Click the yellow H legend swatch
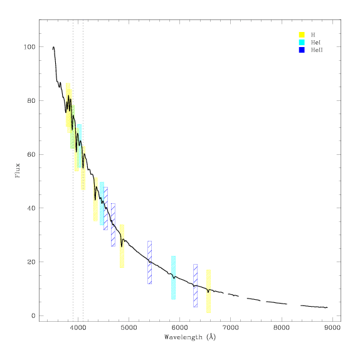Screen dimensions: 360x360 [x=302, y=34]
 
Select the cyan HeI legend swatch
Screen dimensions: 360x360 [x=302, y=42]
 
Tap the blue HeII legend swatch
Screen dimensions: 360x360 [x=302, y=50]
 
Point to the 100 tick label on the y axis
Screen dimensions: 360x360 [x=29, y=47]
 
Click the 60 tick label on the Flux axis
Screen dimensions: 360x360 [x=31, y=154]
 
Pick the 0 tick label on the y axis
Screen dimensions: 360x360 [x=33, y=315]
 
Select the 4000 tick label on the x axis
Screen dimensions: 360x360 [x=78, y=327]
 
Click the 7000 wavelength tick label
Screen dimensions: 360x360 [x=231, y=327]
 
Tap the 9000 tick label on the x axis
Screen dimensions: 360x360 [x=332, y=327]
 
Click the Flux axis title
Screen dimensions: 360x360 [x=18, y=171]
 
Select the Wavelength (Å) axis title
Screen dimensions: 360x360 [x=190, y=337]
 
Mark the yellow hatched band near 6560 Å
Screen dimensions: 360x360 [x=208, y=292]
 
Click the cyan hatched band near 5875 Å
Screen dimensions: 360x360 [x=173, y=278]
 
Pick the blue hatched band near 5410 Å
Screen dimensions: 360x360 [x=149, y=262]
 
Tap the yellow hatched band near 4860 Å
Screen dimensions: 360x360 [x=122, y=246]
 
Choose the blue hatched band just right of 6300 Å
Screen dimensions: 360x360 [x=196, y=285]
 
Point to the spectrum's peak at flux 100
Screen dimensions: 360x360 [x=53, y=47]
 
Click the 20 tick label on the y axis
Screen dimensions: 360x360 [x=31, y=262]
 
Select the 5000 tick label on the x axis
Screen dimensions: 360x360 [x=129, y=327]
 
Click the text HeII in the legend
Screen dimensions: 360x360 [x=317, y=50]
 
